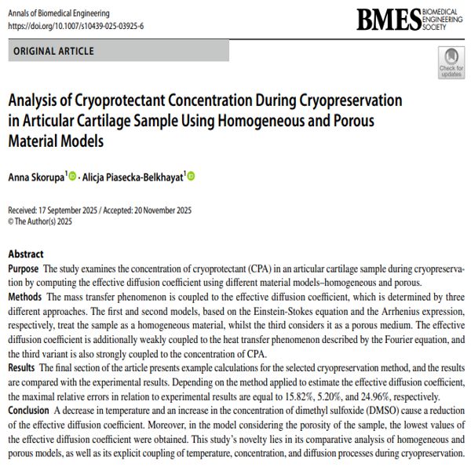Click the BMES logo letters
[x=385, y=20]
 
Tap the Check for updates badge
[x=451, y=62]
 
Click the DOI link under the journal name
[x=75, y=26]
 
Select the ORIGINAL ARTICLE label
[x=53, y=51]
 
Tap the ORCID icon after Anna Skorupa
[x=73, y=177]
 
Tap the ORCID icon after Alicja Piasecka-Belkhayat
[x=191, y=177]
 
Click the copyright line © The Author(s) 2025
[x=40, y=221]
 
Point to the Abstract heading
[x=26, y=254]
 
